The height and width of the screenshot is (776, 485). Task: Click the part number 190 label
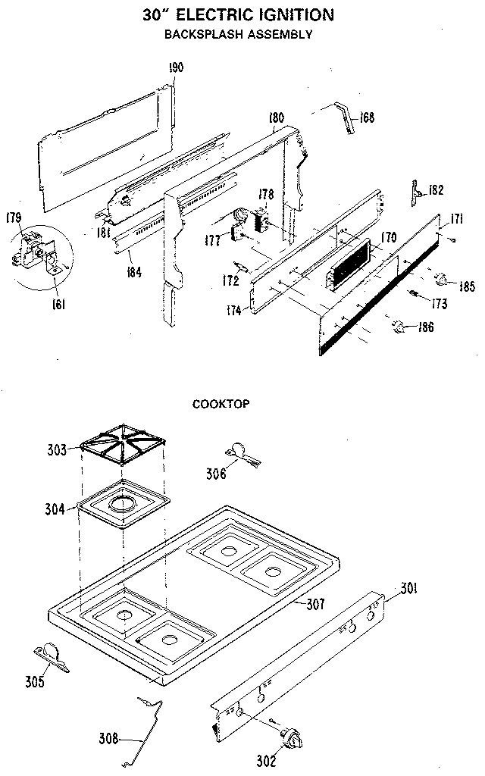[176, 68]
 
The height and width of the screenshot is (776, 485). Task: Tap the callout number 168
[368, 117]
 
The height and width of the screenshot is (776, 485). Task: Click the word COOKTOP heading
[220, 403]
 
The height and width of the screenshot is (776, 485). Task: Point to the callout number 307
[316, 604]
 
